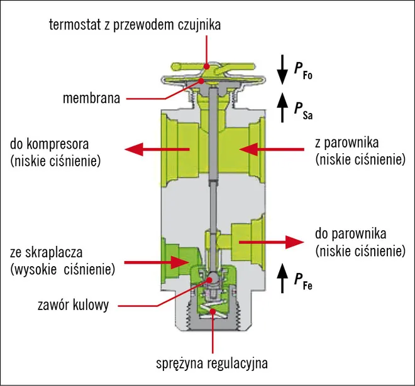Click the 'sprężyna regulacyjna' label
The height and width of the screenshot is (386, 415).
pos(213,363)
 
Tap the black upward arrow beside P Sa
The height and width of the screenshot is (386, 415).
pos(281,105)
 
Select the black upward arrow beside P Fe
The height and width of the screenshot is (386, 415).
pos(281,276)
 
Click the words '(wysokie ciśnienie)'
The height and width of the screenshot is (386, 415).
pos(62,270)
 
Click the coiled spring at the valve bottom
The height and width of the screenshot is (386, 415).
pos(215,308)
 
